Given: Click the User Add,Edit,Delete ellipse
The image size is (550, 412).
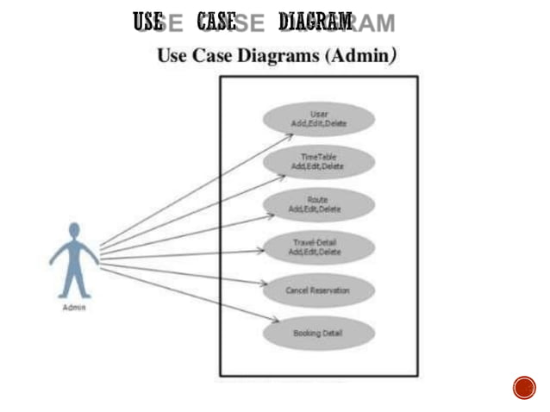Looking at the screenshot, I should pos(318,119).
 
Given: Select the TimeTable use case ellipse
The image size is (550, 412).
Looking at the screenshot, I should pos(318,161).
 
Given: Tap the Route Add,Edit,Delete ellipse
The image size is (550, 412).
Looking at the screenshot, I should pos(318,205).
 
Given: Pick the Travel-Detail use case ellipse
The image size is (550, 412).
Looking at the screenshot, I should pos(318,247).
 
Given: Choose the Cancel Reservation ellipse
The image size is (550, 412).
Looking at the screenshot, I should pos(318,290).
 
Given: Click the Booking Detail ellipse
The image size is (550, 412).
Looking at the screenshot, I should pos(318,333).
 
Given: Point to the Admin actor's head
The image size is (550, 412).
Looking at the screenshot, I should pos(75,230).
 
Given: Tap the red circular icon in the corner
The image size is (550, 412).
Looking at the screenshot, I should pos(524,387).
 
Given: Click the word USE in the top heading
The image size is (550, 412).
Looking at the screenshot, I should pos(147,22).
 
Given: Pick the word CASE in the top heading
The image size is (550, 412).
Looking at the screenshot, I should pos(216,22).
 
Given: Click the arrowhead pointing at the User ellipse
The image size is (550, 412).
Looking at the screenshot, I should pos(290,136).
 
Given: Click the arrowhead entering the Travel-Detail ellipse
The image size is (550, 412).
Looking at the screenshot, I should pos(262,252).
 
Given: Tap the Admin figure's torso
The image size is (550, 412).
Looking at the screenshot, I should pos(75,254).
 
